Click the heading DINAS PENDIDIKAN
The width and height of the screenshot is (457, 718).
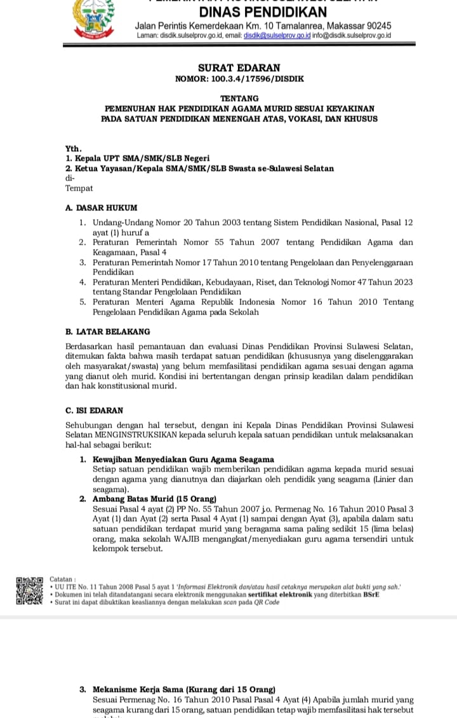[x=263, y=12]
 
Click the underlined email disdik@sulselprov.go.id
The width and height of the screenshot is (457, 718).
[x=277, y=36]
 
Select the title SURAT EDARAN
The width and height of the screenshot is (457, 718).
[x=239, y=67]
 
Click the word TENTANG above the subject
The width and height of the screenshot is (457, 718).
[x=239, y=98]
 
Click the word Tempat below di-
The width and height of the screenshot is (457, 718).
[x=79, y=188]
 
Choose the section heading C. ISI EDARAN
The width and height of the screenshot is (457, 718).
[x=95, y=410]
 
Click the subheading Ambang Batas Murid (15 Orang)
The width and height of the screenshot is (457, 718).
[x=154, y=499]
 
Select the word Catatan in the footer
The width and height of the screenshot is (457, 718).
[x=62, y=579]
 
